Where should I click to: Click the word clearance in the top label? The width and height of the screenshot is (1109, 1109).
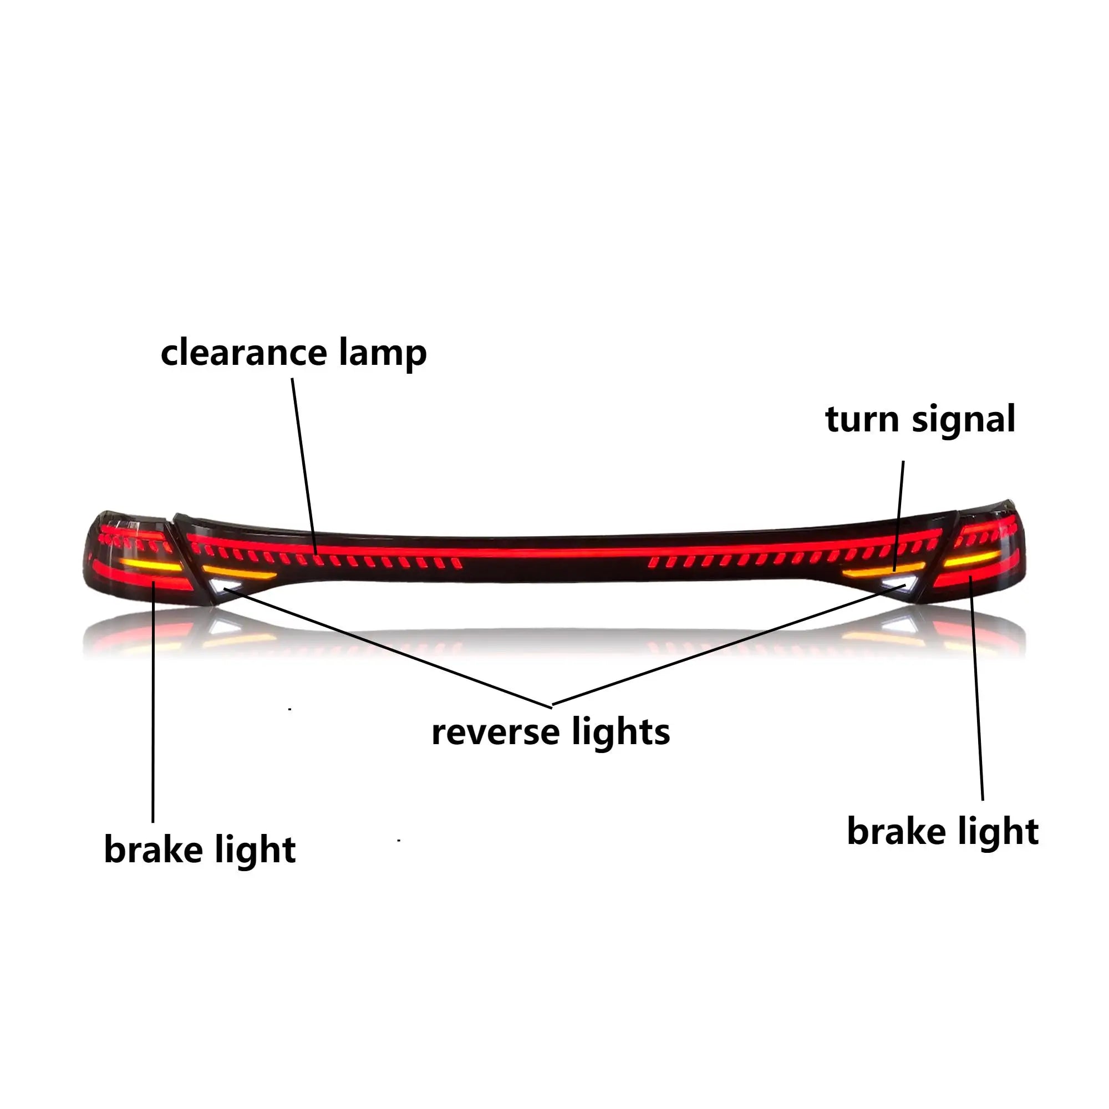[x=244, y=353]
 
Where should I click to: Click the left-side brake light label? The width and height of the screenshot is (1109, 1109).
[x=200, y=851]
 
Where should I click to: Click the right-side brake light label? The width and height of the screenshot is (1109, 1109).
[x=943, y=832]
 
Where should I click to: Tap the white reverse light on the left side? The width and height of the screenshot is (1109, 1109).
[x=223, y=587]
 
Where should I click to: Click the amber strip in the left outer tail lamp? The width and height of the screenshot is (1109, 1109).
[x=150, y=566]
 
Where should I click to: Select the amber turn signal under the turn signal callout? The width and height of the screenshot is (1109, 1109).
[x=881, y=571]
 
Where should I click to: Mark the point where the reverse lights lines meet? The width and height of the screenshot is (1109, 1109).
[x=552, y=705]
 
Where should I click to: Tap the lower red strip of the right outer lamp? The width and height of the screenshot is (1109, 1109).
[x=970, y=581]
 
